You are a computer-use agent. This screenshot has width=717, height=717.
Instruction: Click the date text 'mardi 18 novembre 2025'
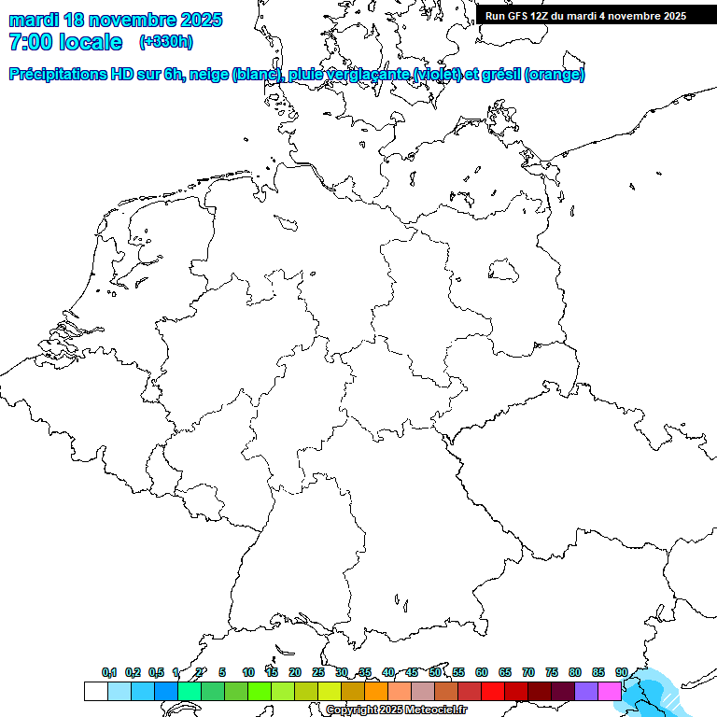(115, 20)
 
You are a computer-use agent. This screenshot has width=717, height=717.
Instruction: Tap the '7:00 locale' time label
(65, 42)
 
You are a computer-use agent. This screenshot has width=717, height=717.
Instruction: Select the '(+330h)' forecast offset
(165, 42)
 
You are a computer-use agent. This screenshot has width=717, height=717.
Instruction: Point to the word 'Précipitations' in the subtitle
(55, 75)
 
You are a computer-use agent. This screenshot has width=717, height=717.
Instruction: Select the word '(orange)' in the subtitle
(555, 75)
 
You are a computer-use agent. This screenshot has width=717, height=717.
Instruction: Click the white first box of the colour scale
(95, 691)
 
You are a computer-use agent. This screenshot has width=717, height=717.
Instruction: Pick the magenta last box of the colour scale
(610, 691)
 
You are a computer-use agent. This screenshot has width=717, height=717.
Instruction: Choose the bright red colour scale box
(493, 691)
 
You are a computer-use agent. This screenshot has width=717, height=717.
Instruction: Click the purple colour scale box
(586, 691)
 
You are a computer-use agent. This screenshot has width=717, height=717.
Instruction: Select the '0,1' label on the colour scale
(109, 672)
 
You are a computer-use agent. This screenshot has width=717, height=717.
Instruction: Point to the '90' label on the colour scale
(622, 672)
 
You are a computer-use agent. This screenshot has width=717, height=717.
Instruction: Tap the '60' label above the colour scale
(482, 672)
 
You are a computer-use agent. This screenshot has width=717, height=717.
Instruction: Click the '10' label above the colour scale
(248, 672)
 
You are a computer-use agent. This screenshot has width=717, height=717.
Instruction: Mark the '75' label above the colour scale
(552, 672)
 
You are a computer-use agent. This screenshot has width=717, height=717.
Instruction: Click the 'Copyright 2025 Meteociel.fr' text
(397, 710)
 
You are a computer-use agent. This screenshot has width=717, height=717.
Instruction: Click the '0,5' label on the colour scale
(156, 672)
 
